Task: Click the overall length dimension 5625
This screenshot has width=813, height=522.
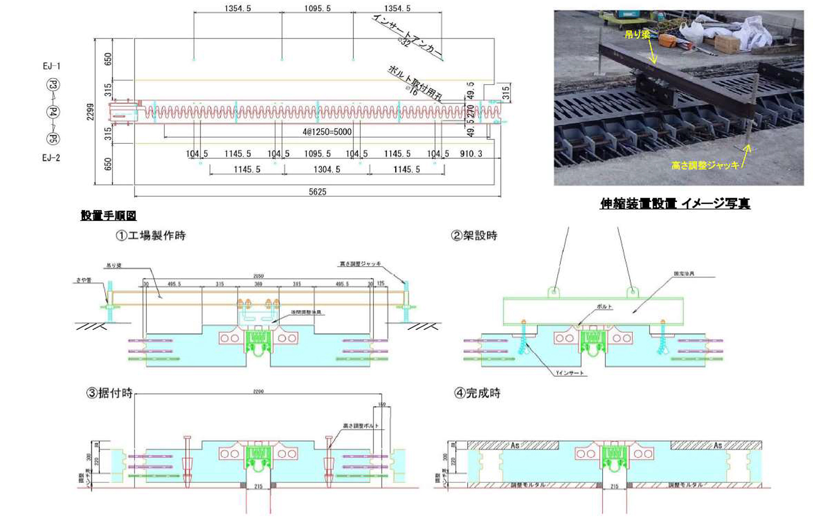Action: click(318, 192)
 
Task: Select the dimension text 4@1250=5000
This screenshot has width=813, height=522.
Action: click(327, 132)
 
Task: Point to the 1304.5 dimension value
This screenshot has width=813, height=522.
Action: click(327, 169)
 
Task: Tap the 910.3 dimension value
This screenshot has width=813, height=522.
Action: click(471, 154)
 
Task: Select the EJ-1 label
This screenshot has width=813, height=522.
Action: click(51, 66)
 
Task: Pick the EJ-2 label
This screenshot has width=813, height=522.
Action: click(51, 158)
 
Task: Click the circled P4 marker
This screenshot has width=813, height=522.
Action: click(53, 112)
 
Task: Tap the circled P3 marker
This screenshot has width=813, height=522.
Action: click(53, 85)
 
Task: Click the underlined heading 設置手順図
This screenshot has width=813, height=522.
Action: click(108, 215)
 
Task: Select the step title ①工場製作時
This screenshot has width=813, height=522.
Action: click(150, 235)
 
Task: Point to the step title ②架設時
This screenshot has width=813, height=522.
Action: click(474, 235)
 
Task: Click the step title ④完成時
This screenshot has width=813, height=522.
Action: click(477, 393)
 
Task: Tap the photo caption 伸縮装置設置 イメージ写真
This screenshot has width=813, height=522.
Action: click(675, 203)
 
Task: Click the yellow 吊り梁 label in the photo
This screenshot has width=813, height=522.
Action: click(637, 35)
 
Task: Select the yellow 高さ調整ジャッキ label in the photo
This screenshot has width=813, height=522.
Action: click(705, 165)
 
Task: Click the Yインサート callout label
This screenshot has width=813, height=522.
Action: click(570, 373)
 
